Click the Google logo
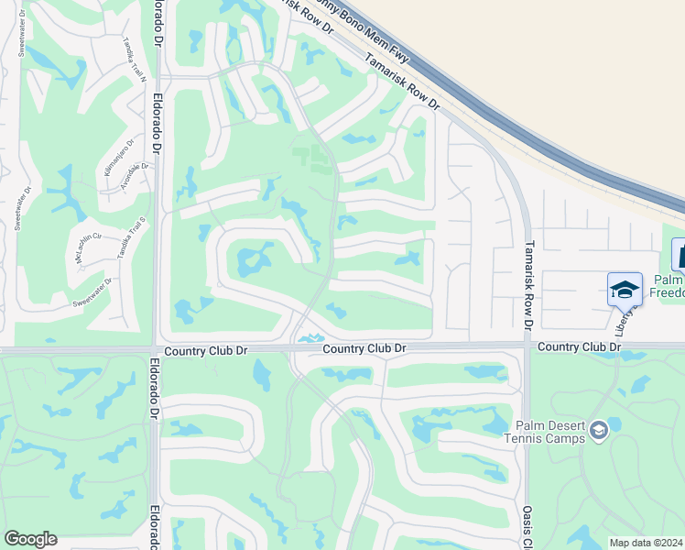pyautogui.click(x=30, y=539)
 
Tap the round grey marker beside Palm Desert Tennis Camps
pyautogui.click(x=598, y=430)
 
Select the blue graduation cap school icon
pyautogui.click(x=624, y=290)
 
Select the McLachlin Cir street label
pyautogui.click(x=89, y=245)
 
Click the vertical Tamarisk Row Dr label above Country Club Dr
pyautogui.click(x=528, y=284)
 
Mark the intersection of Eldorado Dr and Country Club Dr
pyautogui.click(x=155, y=349)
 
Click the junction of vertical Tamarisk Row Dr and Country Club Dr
pyautogui.click(x=527, y=346)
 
